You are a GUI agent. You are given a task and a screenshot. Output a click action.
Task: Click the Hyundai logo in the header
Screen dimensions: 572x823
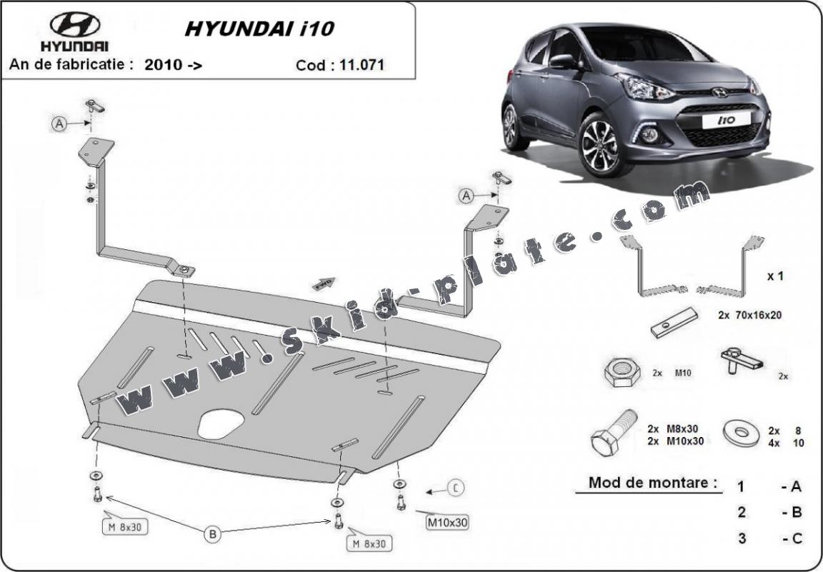click(74, 25)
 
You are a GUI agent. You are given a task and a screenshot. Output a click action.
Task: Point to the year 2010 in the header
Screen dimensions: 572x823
click(163, 65)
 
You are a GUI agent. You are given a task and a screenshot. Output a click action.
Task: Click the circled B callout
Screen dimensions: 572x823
click(211, 533)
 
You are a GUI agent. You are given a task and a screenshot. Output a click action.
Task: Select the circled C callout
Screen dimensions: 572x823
click(456, 489)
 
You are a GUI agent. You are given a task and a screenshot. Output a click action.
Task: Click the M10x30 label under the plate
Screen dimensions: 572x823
click(447, 522)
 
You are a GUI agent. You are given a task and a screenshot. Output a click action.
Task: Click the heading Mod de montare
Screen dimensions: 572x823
click(652, 482)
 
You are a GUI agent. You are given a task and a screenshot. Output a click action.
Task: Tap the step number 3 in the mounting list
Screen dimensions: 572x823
click(742, 538)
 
